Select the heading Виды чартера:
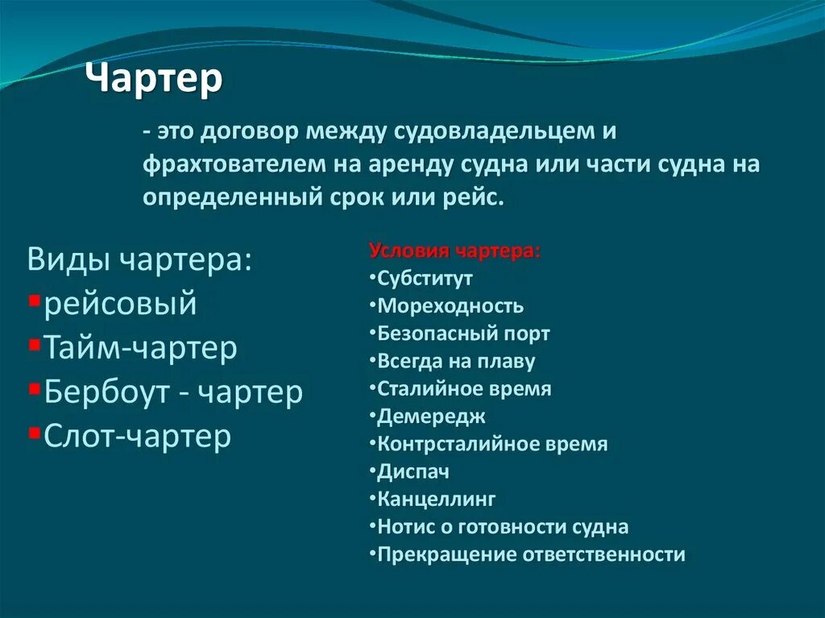(139, 260)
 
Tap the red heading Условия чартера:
(455, 251)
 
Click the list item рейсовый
(120, 304)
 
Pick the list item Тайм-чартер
(140, 348)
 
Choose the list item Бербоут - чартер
(173, 392)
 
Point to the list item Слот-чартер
(137, 436)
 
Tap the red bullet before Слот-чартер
(34, 433)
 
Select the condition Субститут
(425, 279)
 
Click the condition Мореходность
(450, 306)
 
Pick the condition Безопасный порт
(463, 334)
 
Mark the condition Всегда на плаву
(456, 362)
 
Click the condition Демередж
(431, 417)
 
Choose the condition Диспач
(413, 471)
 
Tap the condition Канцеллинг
(436, 500)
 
